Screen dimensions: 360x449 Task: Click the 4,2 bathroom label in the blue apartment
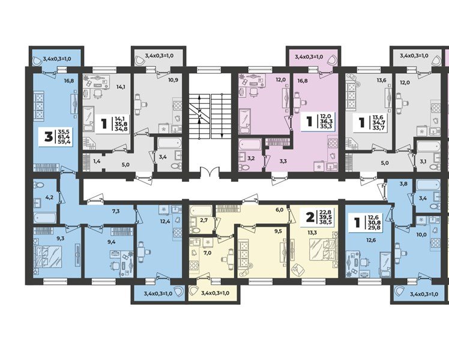pyautogui.click(x=50, y=197)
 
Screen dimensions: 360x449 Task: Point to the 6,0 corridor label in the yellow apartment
pyautogui.click(x=279, y=209)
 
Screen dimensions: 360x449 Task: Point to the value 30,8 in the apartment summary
pyautogui.click(x=373, y=223)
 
